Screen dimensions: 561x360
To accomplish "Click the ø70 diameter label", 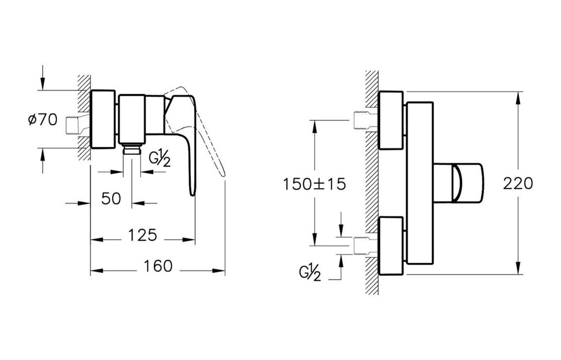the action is click(x=43, y=119).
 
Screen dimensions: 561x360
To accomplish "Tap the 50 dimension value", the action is click(x=111, y=199).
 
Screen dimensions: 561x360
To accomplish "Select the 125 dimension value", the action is click(x=142, y=235).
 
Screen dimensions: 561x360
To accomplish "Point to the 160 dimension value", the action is click(x=158, y=266).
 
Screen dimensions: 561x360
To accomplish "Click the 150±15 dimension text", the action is click(x=315, y=184).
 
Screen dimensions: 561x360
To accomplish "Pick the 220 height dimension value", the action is click(x=518, y=184).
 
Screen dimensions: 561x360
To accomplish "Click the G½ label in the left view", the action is click(x=159, y=159).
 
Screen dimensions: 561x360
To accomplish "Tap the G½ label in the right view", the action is click(x=310, y=274).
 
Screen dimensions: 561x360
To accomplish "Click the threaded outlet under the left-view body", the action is click(x=132, y=149).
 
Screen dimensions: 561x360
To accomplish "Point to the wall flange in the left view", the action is click(x=103, y=119).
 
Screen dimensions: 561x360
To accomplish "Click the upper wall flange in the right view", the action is click(x=391, y=120).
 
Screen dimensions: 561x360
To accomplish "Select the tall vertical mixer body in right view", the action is click(x=420, y=183).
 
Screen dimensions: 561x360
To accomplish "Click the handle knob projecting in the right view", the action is click(x=458, y=183).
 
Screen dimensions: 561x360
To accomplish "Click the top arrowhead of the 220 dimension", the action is click(x=518, y=98).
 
